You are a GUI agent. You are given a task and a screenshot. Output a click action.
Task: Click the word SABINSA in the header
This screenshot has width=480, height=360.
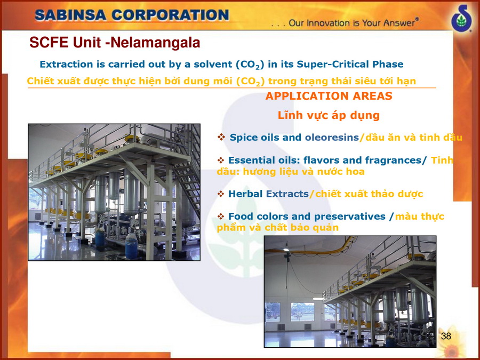[x=71, y=15]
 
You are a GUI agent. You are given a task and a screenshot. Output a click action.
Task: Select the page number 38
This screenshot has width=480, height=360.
[x=446, y=336]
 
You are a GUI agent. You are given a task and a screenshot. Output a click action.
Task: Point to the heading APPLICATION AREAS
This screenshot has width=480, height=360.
[x=329, y=96]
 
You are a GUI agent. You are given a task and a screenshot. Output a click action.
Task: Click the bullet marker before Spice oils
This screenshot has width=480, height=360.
[x=221, y=137]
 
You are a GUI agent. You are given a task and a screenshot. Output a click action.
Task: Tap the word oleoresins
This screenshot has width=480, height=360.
[x=332, y=138]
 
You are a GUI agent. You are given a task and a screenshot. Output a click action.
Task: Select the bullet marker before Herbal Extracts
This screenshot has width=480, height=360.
[x=220, y=194]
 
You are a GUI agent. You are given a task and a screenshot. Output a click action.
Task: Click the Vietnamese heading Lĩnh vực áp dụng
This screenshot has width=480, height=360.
[x=329, y=115]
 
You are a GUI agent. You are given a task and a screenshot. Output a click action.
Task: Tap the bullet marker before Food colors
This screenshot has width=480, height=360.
[x=220, y=217]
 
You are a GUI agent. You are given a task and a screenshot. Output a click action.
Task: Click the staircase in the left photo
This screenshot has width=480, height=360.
[x=186, y=171]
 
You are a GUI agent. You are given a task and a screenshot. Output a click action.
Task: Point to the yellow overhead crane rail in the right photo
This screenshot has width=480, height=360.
[x=309, y=247]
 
